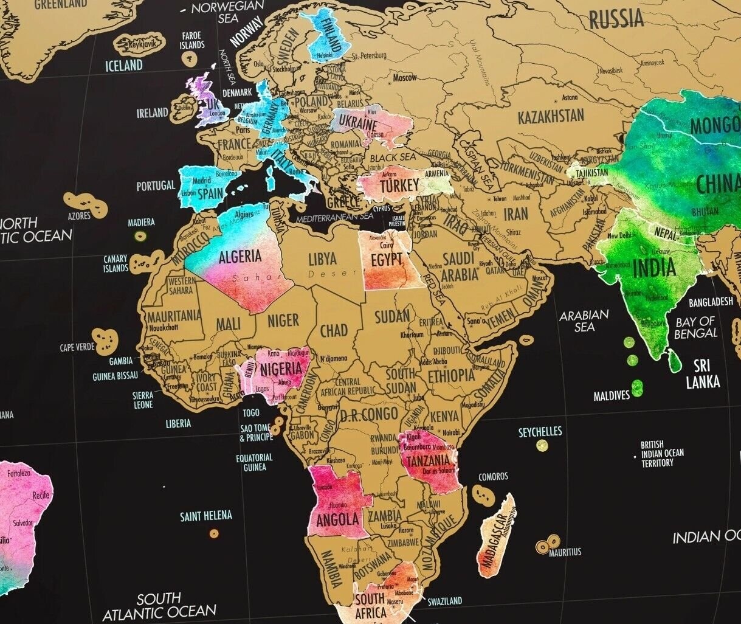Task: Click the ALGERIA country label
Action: click(240, 256)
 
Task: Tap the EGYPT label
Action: click(387, 260)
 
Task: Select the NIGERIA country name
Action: click(281, 369)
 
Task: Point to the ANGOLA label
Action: click(337, 520)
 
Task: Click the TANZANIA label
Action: click(429, 460)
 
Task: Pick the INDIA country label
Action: click(654, 268)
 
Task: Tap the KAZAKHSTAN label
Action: click(551, 116)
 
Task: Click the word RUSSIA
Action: click(616, 19)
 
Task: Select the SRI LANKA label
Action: click(703, 374)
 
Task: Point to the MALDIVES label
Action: click(612, 396)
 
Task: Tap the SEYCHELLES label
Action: click(540, 432)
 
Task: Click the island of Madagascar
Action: click(497, 535)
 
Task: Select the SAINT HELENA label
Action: click(205, 516)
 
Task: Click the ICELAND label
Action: click(124, 65)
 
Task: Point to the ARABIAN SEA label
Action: click(584, 321)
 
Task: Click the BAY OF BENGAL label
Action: click(696, 327)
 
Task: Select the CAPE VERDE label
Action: click(77, 347)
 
